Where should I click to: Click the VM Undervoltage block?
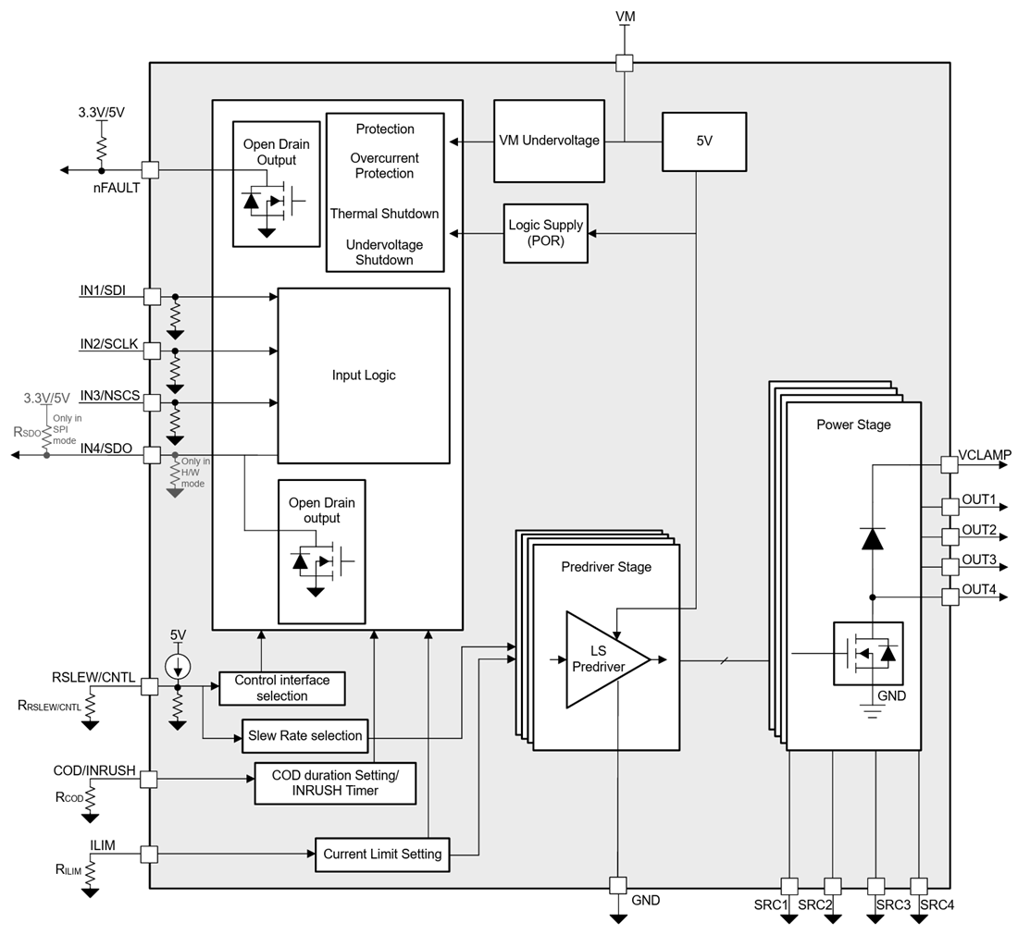(x=549, y=141)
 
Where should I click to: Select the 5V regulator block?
(x=703, y=141)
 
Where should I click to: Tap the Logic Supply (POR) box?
(x=545, y=233)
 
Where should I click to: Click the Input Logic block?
(x=364, y=375)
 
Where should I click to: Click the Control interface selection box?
(x=282, y=687)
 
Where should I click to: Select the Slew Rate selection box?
(x=304, y=736)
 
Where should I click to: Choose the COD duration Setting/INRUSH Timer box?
(x=335, y=782)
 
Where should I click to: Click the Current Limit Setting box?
(x=382, y=854)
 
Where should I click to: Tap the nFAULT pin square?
(x=149, y=170)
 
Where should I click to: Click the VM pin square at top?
(x=625, y=63)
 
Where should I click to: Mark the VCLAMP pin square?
(x=949, y=464)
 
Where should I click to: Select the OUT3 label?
(x=979, y=560)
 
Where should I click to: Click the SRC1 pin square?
(x=789, y=886)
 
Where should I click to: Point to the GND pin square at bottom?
(x=618, y=886)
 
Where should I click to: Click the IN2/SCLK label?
(x=108, y=344)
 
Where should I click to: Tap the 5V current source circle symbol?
(x=178, y=664)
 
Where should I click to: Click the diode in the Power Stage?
(x=872, y=538)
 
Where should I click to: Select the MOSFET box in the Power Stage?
(x=868, y=653)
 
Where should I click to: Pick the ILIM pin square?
(x=149, y=855)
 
